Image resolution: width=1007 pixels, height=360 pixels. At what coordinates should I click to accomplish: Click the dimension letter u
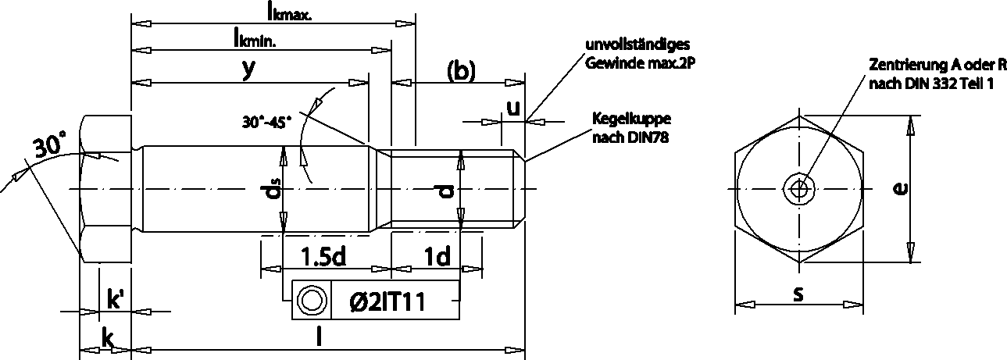[512, 108]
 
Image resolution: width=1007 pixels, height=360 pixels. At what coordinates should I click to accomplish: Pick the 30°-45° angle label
[266, 122]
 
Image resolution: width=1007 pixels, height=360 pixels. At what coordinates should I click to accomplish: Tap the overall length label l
[317, 337]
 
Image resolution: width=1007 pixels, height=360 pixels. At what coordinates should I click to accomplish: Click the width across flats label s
[798, 294]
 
